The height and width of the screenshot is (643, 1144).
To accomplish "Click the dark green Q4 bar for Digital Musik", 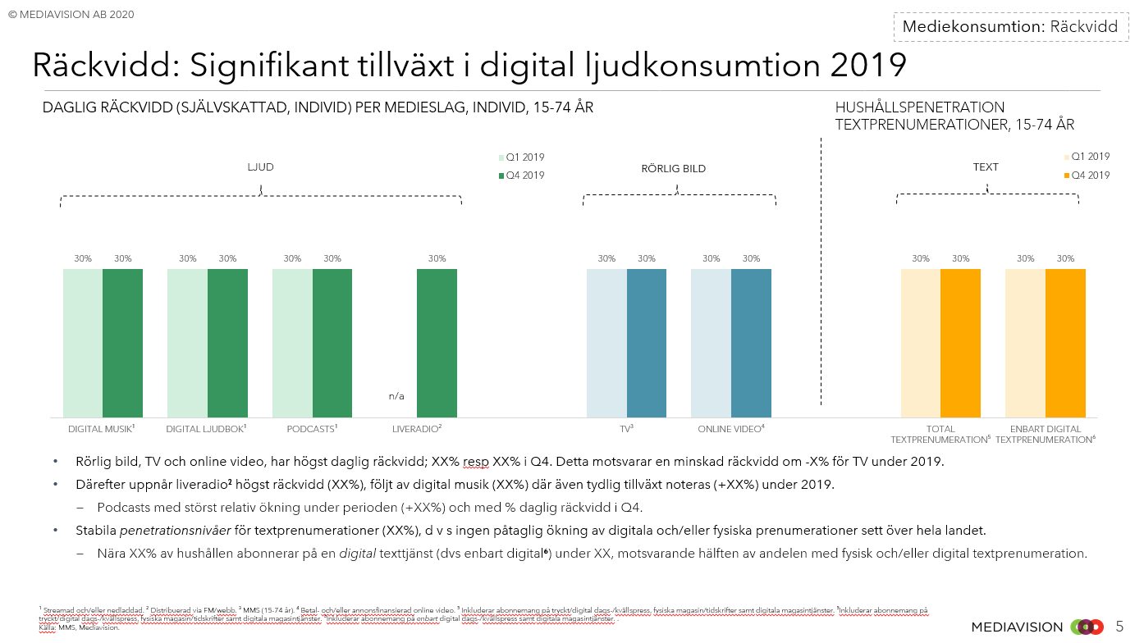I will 122,343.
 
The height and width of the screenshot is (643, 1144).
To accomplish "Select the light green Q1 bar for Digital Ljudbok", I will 187,343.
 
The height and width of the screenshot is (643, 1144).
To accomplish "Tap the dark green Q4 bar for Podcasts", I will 332,343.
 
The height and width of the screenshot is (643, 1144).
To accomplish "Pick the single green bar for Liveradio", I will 437,343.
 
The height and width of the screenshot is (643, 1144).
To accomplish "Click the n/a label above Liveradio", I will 396,396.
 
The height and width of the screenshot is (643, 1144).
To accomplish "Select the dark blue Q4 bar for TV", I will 647,343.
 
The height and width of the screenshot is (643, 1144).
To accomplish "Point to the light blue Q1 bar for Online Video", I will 711,343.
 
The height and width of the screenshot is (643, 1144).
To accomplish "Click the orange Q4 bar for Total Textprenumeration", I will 960,343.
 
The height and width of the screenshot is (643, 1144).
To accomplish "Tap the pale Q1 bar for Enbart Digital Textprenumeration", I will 1025,343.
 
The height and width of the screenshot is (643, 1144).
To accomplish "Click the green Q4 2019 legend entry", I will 521,176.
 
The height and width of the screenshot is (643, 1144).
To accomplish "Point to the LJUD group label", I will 260,167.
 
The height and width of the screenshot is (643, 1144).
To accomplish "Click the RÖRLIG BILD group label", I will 673,169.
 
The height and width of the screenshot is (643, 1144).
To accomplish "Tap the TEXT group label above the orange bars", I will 986,167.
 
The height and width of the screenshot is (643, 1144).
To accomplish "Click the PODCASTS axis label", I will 312,429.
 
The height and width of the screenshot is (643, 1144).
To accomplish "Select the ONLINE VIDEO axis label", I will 730,429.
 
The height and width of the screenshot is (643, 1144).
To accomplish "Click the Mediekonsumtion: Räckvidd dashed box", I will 1009,26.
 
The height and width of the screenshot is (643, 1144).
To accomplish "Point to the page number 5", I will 1120,627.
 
